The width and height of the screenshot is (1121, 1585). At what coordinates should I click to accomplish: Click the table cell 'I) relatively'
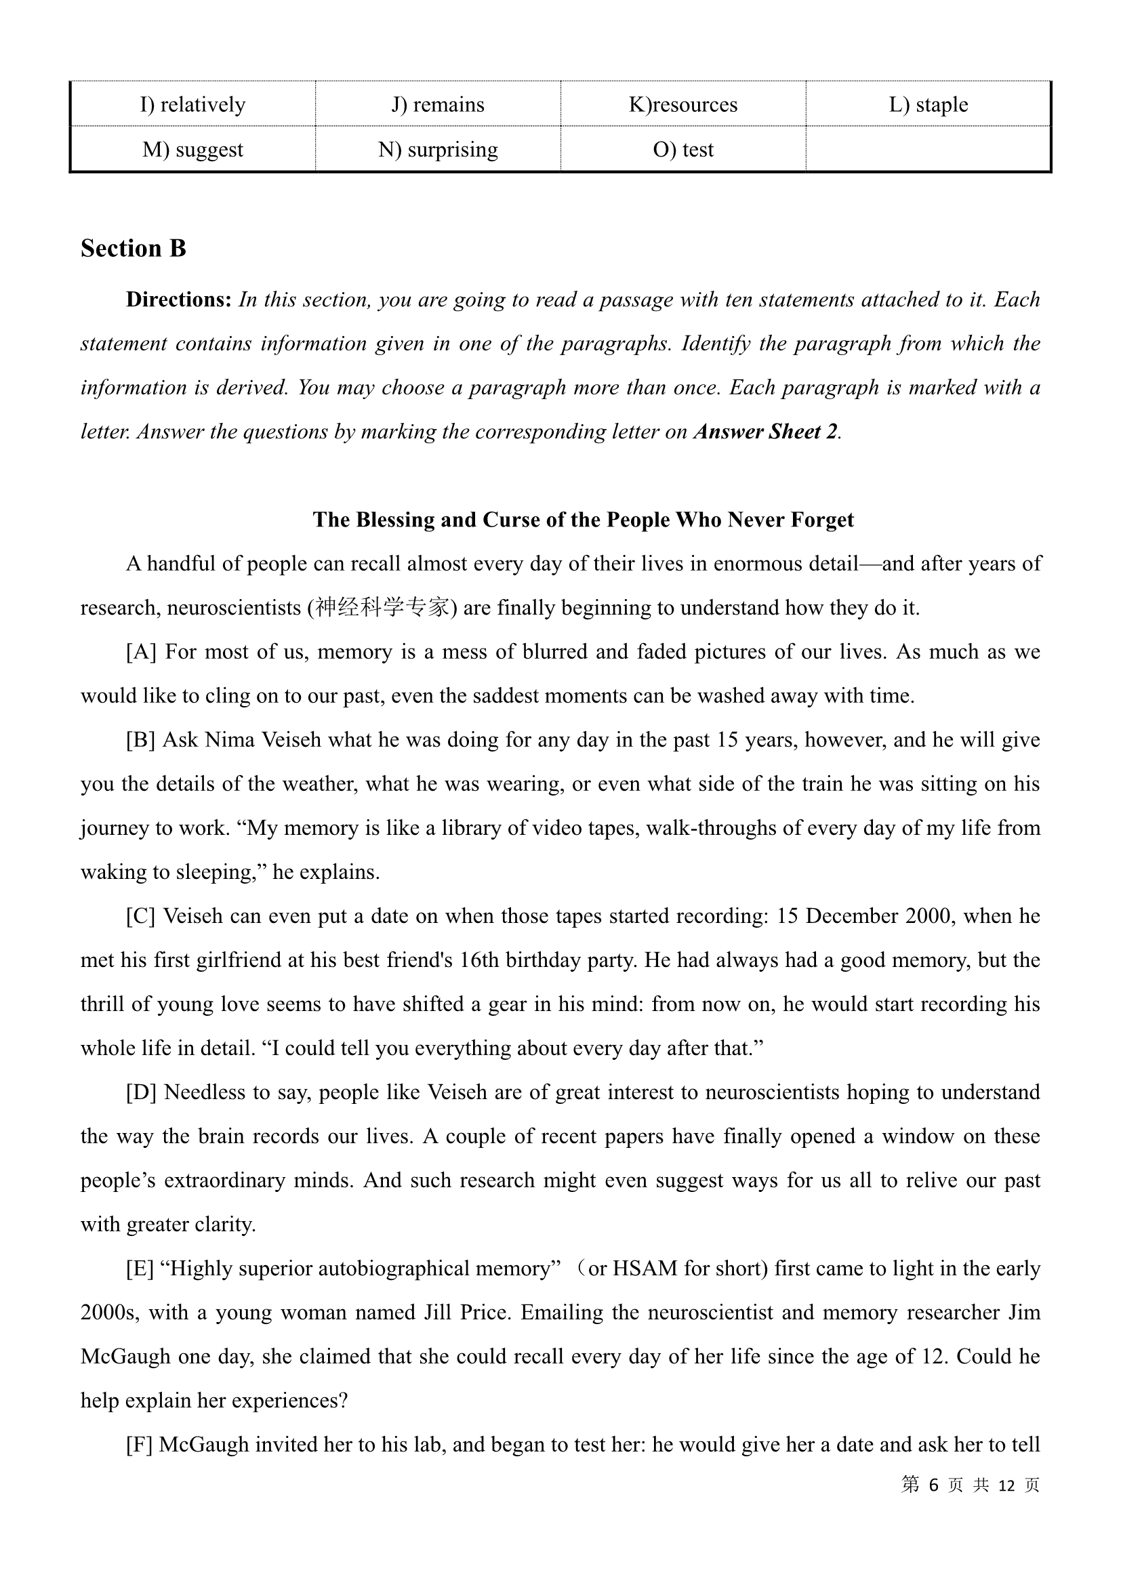point(192,104)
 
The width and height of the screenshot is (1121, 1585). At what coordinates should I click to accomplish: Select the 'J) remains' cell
point(438,104)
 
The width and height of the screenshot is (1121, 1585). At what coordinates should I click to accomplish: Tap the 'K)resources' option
point(682,104)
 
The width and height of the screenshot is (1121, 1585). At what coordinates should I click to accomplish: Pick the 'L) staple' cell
point(928,104)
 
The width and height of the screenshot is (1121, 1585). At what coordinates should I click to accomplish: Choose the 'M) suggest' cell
point(192,149)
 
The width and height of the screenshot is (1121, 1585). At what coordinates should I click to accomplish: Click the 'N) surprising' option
point(438,149)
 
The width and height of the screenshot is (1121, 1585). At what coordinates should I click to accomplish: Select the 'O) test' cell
point(682,149)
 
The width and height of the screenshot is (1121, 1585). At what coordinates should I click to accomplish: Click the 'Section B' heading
point(134,249)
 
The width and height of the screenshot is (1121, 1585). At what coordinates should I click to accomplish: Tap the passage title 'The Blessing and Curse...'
point(583,519)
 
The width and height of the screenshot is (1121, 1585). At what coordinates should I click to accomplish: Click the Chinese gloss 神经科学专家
point(382,607)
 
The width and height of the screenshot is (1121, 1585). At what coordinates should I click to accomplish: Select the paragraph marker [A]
point(141,652)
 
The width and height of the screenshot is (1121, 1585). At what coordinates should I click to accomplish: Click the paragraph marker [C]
point(141,916)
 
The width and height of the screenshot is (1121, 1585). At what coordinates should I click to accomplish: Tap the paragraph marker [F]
point(140,1444)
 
